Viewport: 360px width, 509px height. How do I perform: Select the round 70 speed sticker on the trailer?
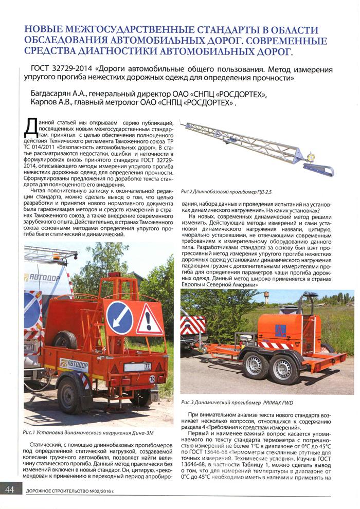point(153,379)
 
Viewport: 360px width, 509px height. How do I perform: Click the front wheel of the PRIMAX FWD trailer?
point(256,365)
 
